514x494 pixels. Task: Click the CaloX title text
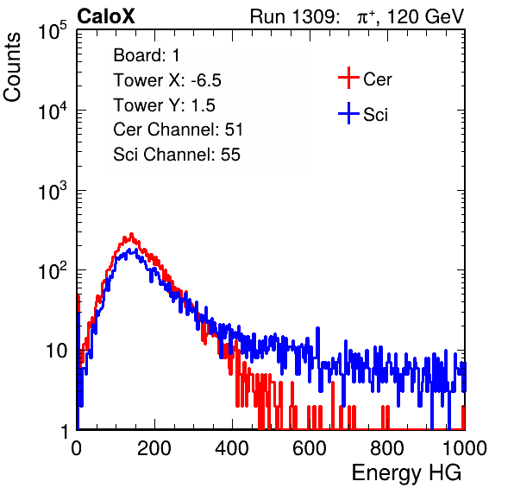tap(106, 16)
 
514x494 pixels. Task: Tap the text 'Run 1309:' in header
tap(294, 16)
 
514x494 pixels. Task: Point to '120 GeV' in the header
tap(425, 16)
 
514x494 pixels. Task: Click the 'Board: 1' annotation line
tap(147, 55)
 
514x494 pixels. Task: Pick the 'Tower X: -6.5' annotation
tap(167, 80)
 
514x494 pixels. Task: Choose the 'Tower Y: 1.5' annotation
tap(164, 105)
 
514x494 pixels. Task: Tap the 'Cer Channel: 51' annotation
tap(178, 130)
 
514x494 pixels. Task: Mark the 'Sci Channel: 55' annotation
tap(177, 155)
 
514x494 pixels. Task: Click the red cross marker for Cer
tap(348, 78)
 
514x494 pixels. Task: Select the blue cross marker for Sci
tap(348, 113)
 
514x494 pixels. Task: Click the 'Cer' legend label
tap(377, 79)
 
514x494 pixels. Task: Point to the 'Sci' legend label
tap(376, 115)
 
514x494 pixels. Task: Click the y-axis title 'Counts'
tap(12, 67)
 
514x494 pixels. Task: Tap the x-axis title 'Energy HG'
tap(406, 473)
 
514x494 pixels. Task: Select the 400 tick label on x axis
tap(232, 448)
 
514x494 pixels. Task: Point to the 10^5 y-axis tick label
tap(52, 31)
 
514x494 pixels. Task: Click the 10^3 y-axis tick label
tap(52, 191)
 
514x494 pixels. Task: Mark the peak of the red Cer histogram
tap(131, 234)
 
